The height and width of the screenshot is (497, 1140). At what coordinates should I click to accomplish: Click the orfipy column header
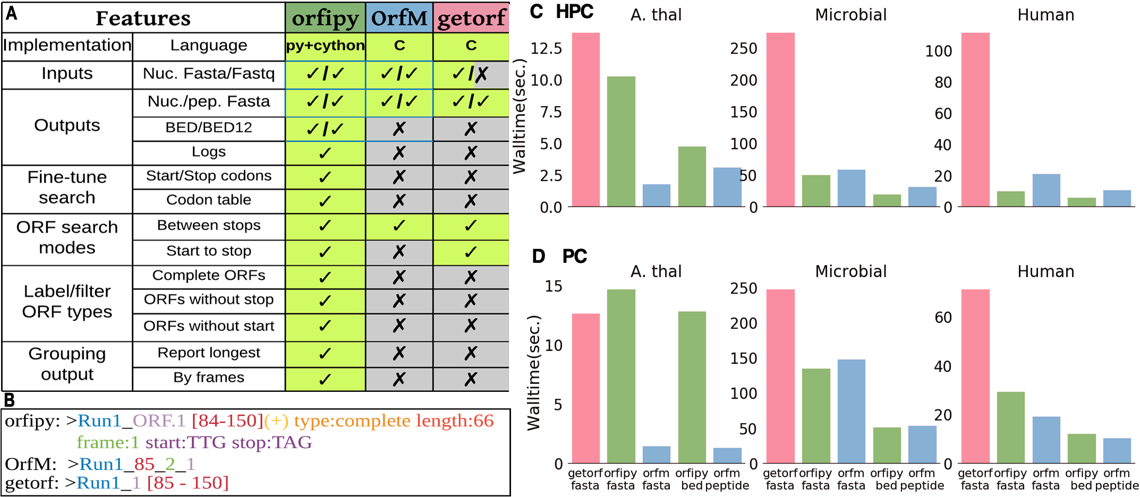coord(325,18)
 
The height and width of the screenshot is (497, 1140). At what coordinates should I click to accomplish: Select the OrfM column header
coord(399,18)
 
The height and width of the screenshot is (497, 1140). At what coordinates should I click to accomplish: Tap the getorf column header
coord(471,18)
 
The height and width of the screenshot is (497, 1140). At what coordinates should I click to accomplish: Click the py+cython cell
coord(325,46)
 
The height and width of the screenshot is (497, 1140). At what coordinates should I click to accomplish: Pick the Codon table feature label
coord(209,200)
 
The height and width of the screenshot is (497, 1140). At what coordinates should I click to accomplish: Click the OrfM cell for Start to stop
coord(399,252)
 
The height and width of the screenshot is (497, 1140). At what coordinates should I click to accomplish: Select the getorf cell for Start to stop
coord(471,252)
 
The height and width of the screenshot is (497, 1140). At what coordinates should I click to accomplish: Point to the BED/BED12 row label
coord(209,128)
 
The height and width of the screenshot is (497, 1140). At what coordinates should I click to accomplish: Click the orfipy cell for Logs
coord(325,153)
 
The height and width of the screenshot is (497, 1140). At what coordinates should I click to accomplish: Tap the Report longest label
coord(209,353)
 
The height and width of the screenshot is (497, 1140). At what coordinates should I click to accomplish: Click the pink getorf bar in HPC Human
coord(975,119)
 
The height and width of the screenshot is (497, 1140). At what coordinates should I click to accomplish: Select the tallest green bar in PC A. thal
coord(621,376)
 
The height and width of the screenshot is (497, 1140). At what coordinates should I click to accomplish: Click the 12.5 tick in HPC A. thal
coord(546,49)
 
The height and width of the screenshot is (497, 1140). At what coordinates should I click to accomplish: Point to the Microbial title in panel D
coord(851,271)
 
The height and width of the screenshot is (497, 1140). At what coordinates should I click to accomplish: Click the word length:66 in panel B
coord(455,421)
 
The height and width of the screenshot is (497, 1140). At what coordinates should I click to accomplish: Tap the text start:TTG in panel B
coord(186,442)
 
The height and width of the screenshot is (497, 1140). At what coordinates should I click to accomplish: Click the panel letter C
coord(537,12)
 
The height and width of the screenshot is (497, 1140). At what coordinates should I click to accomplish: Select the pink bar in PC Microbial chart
coord(780,376)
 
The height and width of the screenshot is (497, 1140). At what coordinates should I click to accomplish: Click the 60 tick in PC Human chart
coord(943,318)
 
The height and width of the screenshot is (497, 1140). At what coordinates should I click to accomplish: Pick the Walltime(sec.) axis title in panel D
coord(533,373)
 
